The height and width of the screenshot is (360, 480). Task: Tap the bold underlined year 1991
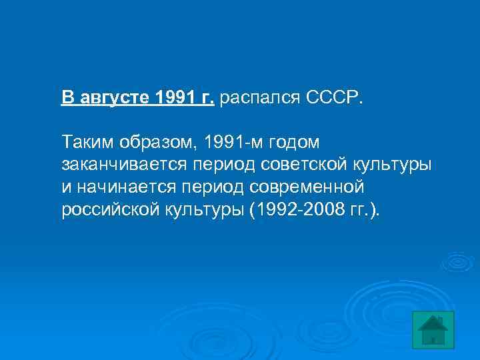point(175,98)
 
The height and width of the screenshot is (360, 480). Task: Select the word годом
point(295,142)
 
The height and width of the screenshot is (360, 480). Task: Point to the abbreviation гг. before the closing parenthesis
point(357,210)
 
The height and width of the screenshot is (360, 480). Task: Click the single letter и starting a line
point(65,187)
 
